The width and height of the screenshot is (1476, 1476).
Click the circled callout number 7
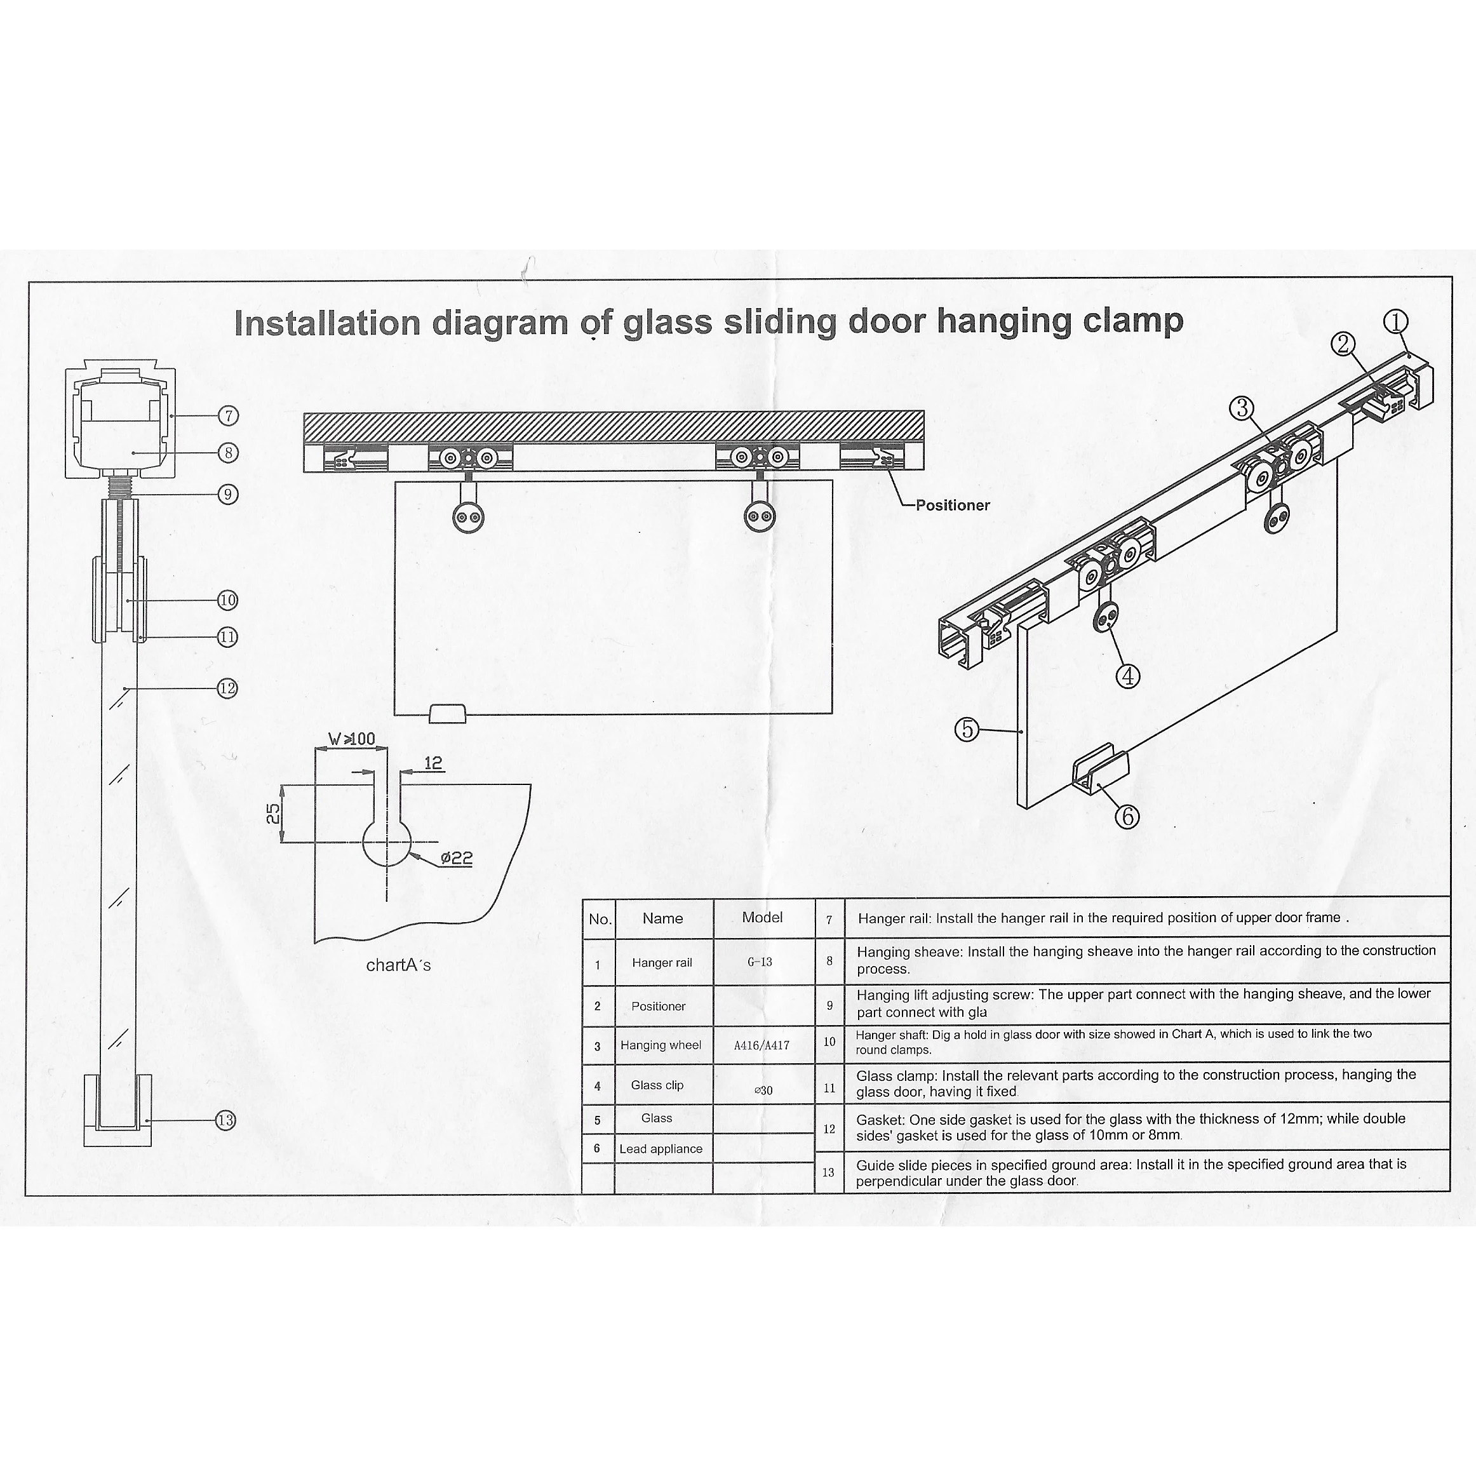[x=227, y=415]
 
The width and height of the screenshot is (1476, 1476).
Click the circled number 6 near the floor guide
[x=1127, y=816]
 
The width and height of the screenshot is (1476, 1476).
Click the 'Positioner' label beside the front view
[x=952, y=505]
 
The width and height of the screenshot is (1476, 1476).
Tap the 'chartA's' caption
[x=398, y=965]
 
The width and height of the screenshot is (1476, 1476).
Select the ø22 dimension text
[x=456, y=858]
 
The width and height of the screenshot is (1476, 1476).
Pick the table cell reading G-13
[x=760, y=962]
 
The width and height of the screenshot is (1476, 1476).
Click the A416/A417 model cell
[x=761, y=1045]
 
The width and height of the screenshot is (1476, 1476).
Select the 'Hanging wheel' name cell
[x=661, y=1045]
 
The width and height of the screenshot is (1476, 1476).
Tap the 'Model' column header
[x=761, y=918]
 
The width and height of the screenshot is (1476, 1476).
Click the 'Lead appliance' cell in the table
[x=661, y=1149]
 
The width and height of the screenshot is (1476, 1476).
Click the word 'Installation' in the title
[x=327, y=323]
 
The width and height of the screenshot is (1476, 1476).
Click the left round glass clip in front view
[x=467, y=517]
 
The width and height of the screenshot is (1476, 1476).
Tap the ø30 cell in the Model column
[x=762, y=1090]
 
